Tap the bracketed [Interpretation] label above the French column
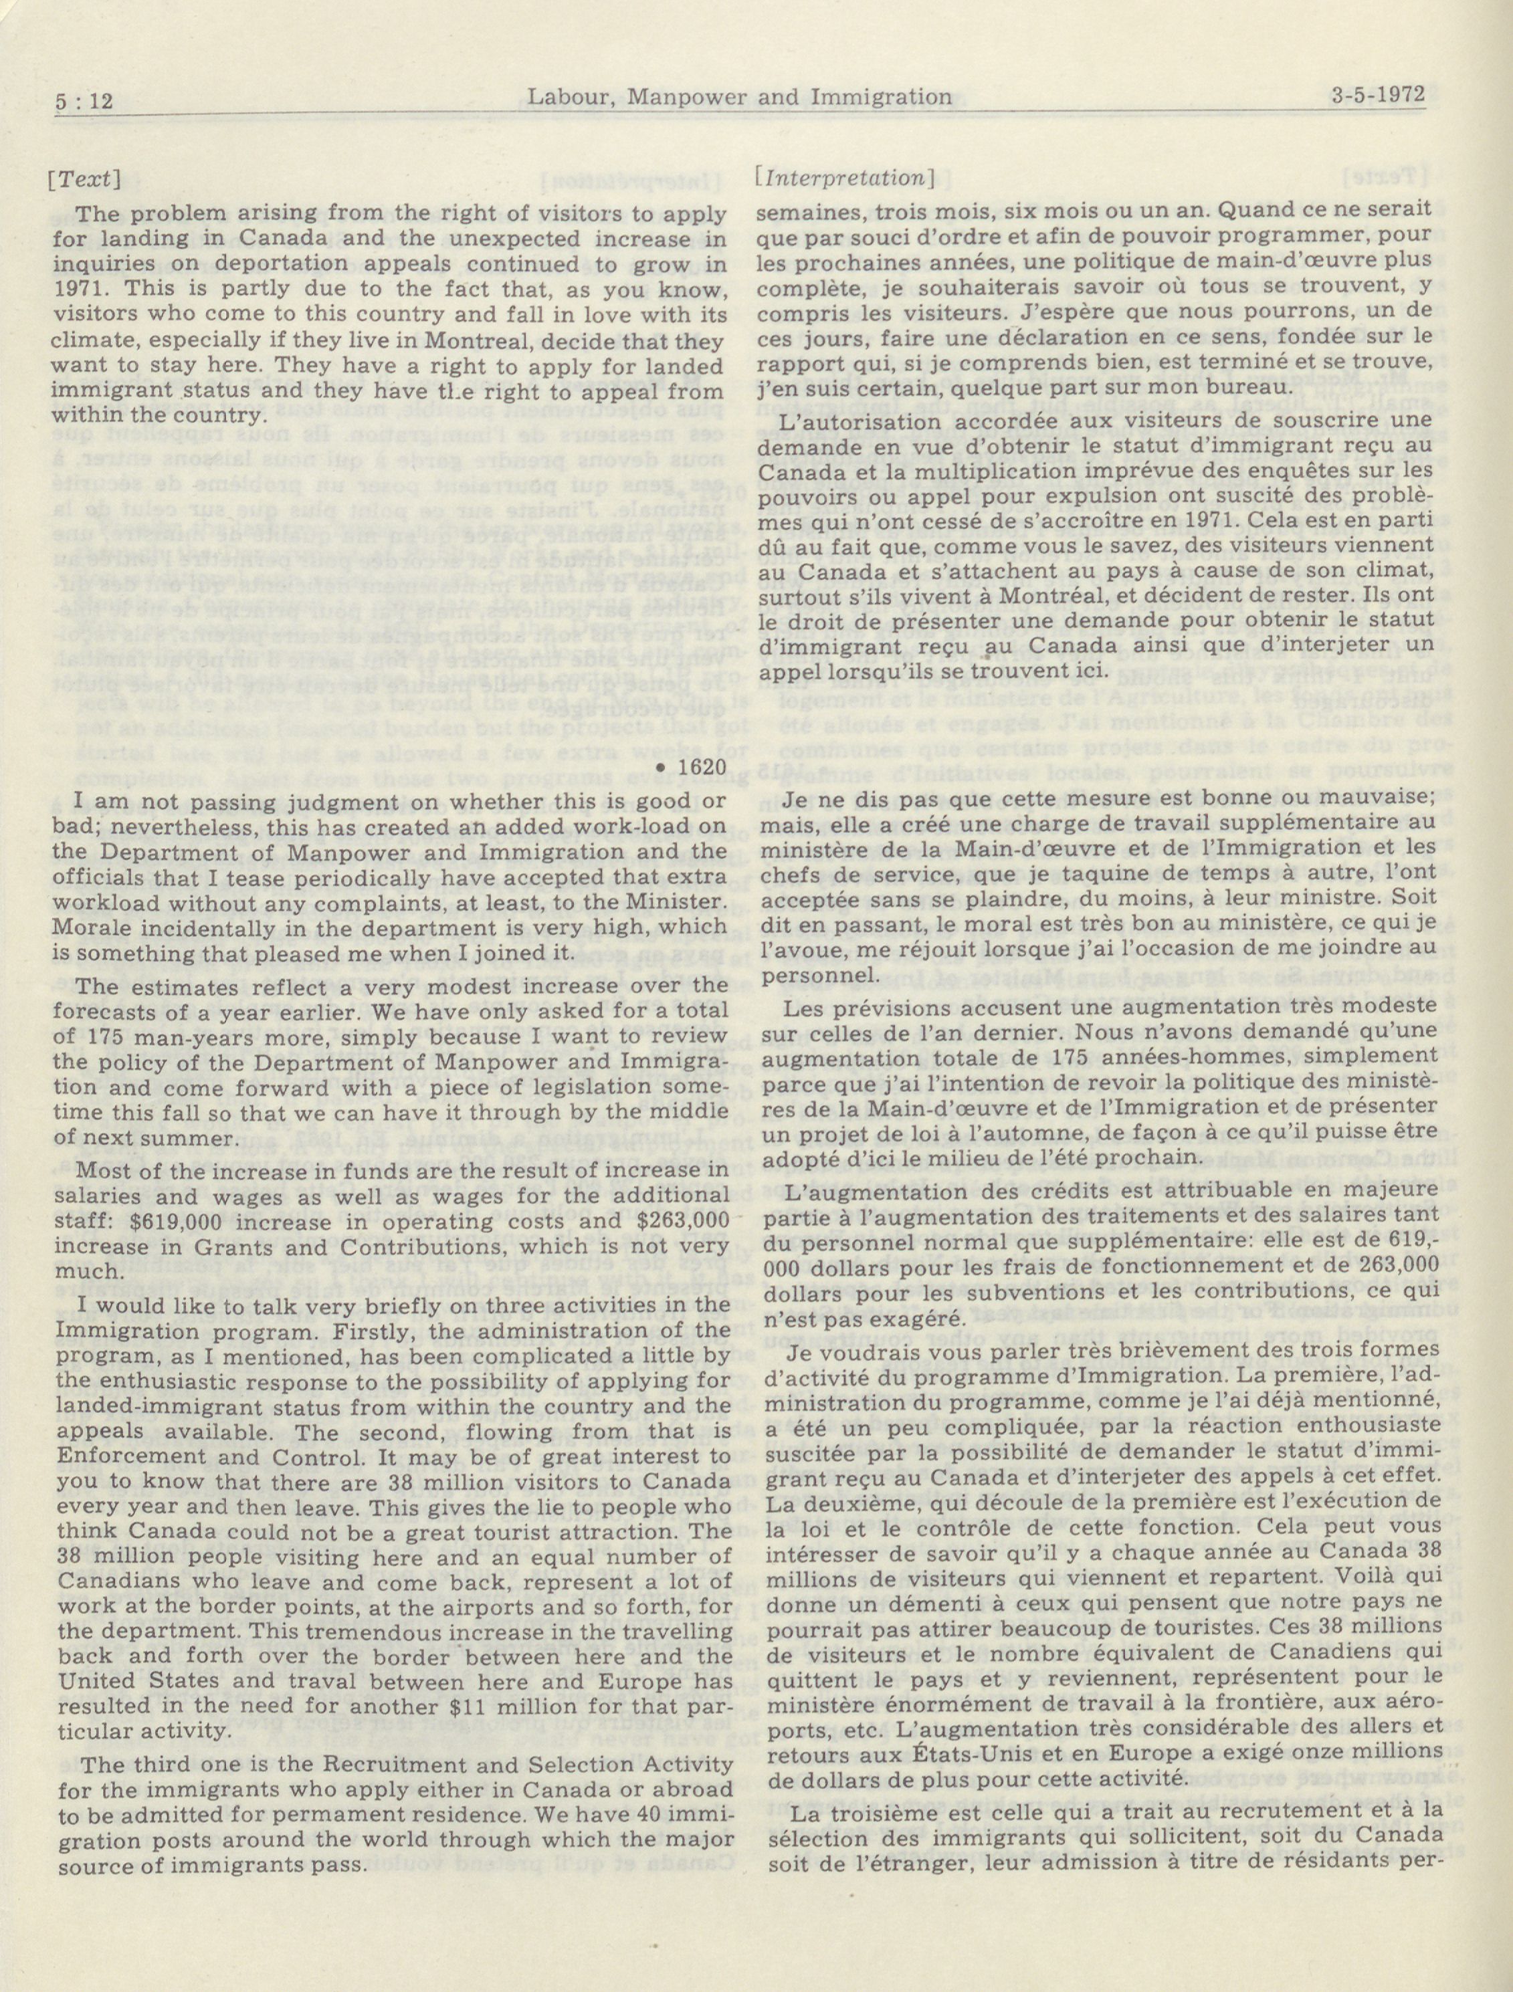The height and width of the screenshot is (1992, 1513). (845, 177)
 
